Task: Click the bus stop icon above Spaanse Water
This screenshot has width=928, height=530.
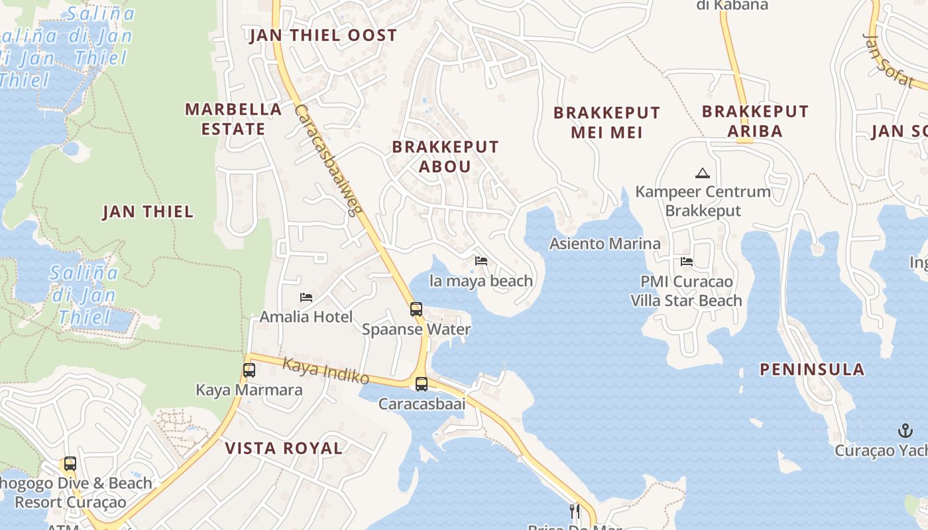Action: (416, 309)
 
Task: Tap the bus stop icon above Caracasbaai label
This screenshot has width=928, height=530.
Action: (421, 384)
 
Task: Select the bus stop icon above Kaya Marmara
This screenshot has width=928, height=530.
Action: (249, 370)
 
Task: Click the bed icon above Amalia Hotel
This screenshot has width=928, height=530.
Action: (306, 297)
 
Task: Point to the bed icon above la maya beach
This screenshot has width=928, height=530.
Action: (481, 261)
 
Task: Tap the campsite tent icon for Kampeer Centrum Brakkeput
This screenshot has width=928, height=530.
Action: (702, 174)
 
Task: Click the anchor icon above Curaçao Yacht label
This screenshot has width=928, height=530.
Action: (905, 431)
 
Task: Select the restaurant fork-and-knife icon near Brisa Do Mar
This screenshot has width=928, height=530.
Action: (575, 511)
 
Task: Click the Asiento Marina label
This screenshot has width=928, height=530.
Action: (605, 244)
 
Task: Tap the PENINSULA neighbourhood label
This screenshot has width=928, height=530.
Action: (812, 370)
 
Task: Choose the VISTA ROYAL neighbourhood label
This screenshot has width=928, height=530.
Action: (284, 449)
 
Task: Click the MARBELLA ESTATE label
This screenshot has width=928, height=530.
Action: (233, 119)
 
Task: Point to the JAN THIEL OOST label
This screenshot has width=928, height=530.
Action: (323, 36)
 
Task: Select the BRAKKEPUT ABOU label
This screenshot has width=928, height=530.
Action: (445, 156)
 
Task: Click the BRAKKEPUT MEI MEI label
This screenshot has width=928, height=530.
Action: (607, 123)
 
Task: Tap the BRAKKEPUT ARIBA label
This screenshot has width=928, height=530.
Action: (755, 121)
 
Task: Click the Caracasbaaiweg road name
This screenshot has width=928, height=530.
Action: (328, 160)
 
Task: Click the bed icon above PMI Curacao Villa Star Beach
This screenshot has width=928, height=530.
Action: (687, 262)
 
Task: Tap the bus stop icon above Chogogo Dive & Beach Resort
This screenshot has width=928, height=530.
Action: (70, 464)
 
